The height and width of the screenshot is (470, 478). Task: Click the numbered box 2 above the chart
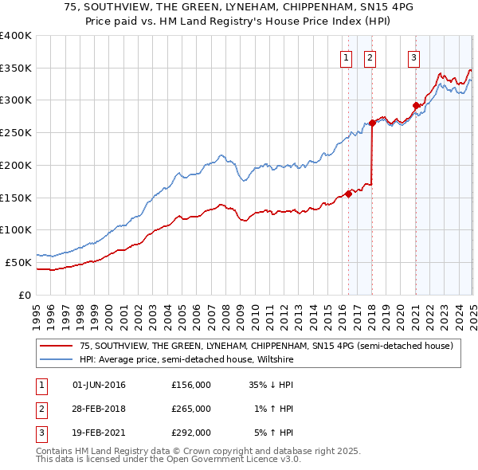[371, 57]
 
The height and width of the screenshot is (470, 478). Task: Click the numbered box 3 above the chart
[414, 57]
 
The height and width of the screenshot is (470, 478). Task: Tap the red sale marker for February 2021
[415, 104]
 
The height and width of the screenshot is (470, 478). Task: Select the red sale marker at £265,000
[372, 123]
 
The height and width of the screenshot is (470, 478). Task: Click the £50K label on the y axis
[18, 262]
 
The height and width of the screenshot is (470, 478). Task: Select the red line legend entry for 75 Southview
[266, 346]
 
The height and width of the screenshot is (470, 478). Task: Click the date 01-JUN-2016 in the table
[99, 385]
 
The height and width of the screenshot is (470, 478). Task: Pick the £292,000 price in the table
[190, 433]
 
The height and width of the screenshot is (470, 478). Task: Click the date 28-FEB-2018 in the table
[99, 409]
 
